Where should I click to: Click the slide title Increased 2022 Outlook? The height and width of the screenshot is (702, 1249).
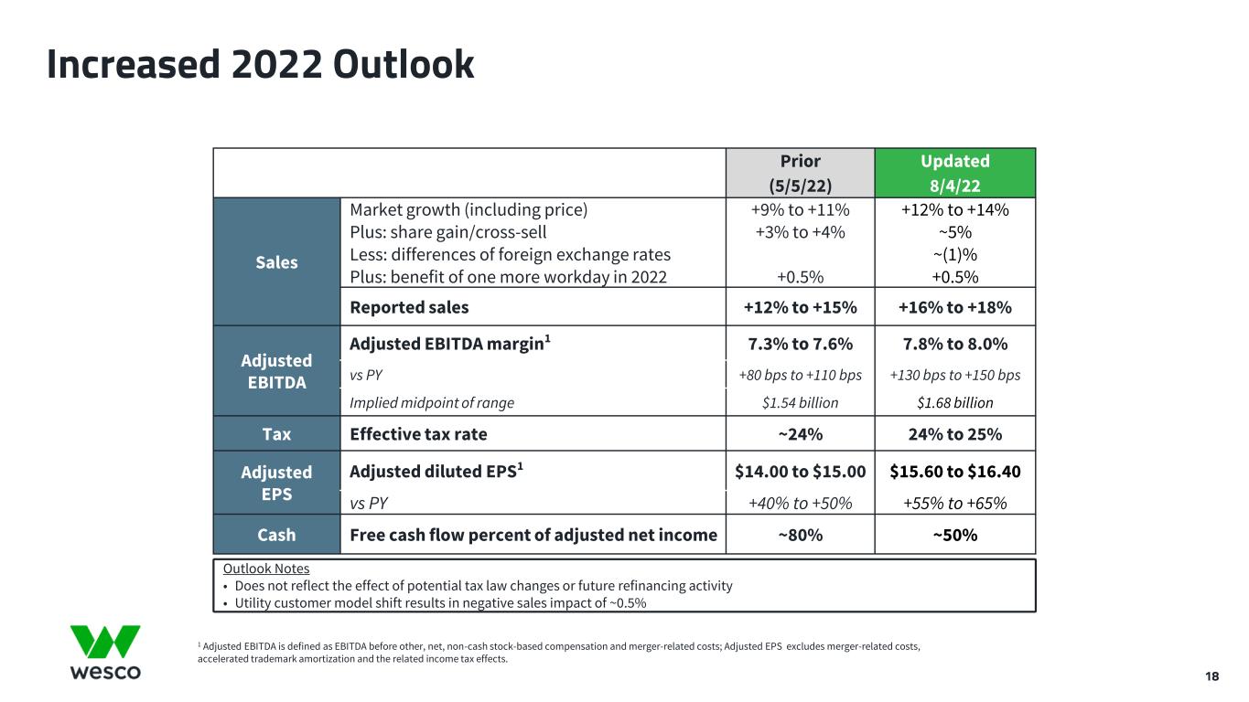pyautogui.click(x=261, y=65)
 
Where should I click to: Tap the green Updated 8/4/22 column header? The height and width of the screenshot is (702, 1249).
pyautogui.click(x=954, y=173)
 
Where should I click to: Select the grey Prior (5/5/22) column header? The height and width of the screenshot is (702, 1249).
pyautogui.click(x=800, y=173)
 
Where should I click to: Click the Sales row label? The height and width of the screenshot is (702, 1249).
pyautogui.click(x=276, y=262)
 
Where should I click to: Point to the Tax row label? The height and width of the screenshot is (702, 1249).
pyautogui.click(x=276, y=434)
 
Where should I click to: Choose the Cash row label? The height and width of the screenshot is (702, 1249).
pyautogui.click(x=276, y=535)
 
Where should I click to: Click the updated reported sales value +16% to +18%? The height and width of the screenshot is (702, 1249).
pyautogui.click(x=954, y=307)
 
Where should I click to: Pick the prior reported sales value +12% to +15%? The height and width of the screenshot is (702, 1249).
pyautogui.click(x=800, y=307)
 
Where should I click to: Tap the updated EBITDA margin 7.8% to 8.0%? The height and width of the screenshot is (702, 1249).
pyautogui.click(x=955, y=345)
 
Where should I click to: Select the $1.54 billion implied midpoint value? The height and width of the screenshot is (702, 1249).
pyautogui.click(x=800, y=403)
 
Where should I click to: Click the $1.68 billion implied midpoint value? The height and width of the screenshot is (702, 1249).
pyautogui.click(x=955, y=403)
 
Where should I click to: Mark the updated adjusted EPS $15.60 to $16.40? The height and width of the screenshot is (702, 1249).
pyautogui.click(x=955, y=472)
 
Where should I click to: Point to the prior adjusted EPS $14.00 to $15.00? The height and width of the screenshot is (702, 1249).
pyautogui.click(x=800, y=472)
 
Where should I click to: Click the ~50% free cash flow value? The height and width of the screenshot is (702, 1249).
pyautogui.click(x=955, y=536)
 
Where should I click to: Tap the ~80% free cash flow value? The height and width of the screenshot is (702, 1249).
pyautogui.click(x=800, y=536)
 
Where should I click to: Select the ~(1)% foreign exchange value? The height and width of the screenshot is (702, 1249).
pyautogui.click(x=955, y=255)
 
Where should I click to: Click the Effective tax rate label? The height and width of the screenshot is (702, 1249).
pyautogui.click(x=418, y=434)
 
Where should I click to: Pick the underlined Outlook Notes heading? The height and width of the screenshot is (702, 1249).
pyautogui.click(x=266, y=569)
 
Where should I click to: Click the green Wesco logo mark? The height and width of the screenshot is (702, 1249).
pyautogui.click(x=105, y=642)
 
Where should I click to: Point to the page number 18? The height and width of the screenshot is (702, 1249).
pyautogui.click(x=1211, y=676)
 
